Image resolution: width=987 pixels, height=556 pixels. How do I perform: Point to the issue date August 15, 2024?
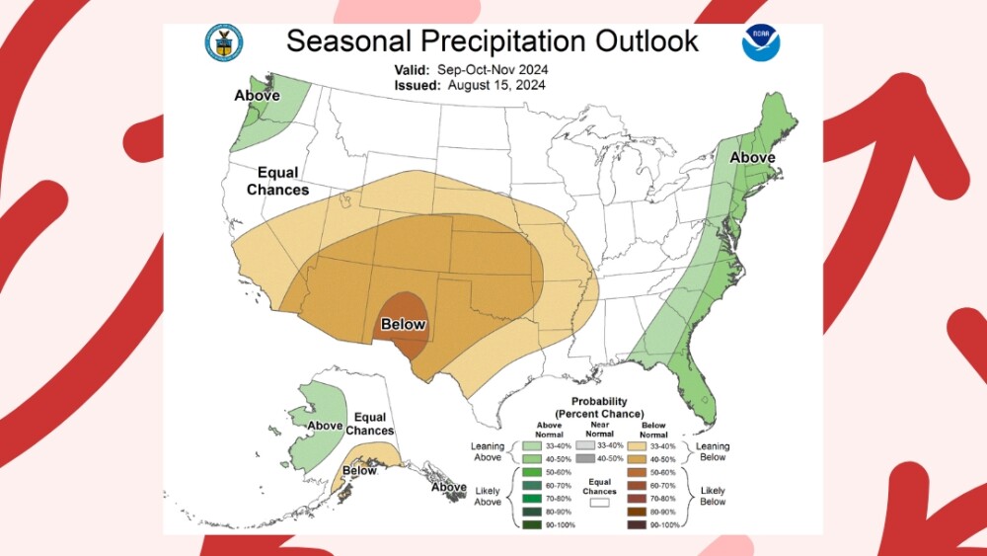[496, 85]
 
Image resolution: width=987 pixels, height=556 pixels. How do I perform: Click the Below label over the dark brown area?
[403, 324]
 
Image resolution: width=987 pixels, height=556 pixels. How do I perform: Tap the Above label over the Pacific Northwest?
[257, 96]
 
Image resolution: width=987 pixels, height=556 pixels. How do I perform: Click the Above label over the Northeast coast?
[752, 158]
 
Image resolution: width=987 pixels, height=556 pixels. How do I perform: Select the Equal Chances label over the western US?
[277, 181]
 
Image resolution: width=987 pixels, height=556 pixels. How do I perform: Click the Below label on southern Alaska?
[359, 470]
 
